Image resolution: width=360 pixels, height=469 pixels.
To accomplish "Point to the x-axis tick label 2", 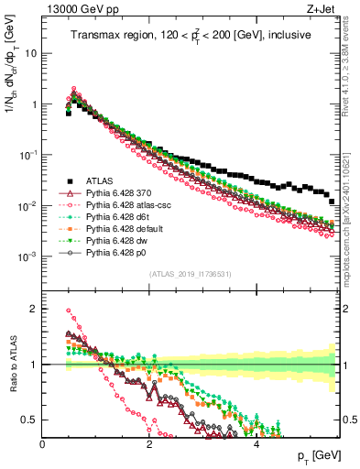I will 149,444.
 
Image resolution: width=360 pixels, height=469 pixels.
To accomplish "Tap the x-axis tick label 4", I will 256,444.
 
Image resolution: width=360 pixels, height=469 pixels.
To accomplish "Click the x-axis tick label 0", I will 43,444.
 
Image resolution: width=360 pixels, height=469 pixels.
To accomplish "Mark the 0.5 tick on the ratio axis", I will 30,420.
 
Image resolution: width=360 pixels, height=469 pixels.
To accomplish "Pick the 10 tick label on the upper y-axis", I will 30,53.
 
